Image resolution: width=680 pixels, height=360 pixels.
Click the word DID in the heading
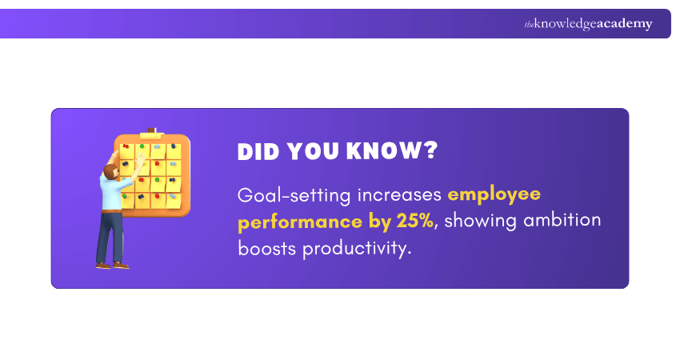[259, 153]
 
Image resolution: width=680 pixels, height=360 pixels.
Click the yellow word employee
[494, 195]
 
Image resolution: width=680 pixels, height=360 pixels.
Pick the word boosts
[266, 248]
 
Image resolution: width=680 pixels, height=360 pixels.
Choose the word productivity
[357, 249]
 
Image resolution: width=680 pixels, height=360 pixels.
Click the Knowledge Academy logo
[588, 24]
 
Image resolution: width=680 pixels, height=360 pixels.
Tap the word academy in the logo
[622, 24]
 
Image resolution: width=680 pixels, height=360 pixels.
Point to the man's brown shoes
[112, 265]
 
